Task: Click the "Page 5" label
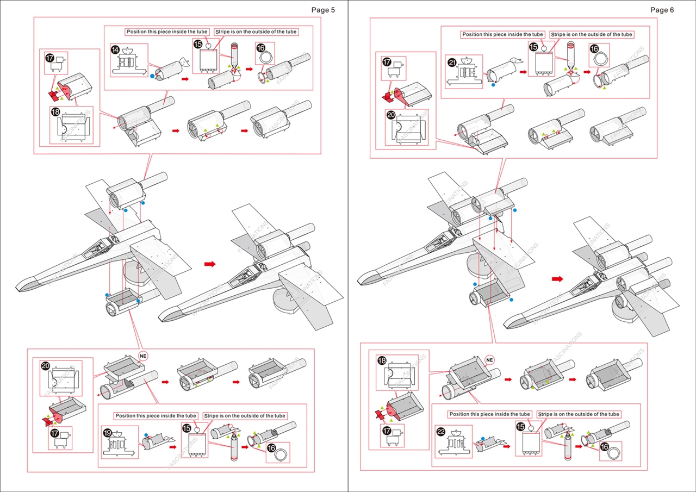point(323,10)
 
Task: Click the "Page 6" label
point(662,10)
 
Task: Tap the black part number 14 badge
point(115,49)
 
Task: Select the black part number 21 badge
point(451,62)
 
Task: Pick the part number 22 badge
point(441,432)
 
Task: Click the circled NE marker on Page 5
point(143,356)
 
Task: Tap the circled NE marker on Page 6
point(489,360)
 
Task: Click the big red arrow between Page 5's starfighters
point(209,264)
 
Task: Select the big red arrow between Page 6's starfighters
point(557,279)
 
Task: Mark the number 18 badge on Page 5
point(55,111)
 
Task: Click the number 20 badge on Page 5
point(46,366)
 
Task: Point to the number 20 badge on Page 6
point(390,115)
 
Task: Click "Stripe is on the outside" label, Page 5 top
point(256,32)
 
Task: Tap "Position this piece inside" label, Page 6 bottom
point(489,414)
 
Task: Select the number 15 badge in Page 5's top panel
point(197,44)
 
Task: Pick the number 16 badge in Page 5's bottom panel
point(271,447)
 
